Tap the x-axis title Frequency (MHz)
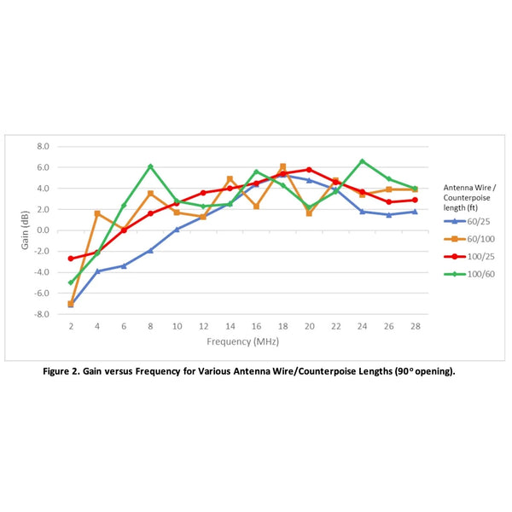point(242,341)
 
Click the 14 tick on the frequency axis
point(230,326)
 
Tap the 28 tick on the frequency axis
point(415,326)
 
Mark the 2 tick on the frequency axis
point(71,326)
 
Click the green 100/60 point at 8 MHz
point(150,166)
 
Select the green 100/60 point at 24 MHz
point(362,161)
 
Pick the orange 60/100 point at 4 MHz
point(97,213)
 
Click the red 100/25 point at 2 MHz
point(71,259)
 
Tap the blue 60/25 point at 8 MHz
point(150,250)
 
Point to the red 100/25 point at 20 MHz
point(309,170)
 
